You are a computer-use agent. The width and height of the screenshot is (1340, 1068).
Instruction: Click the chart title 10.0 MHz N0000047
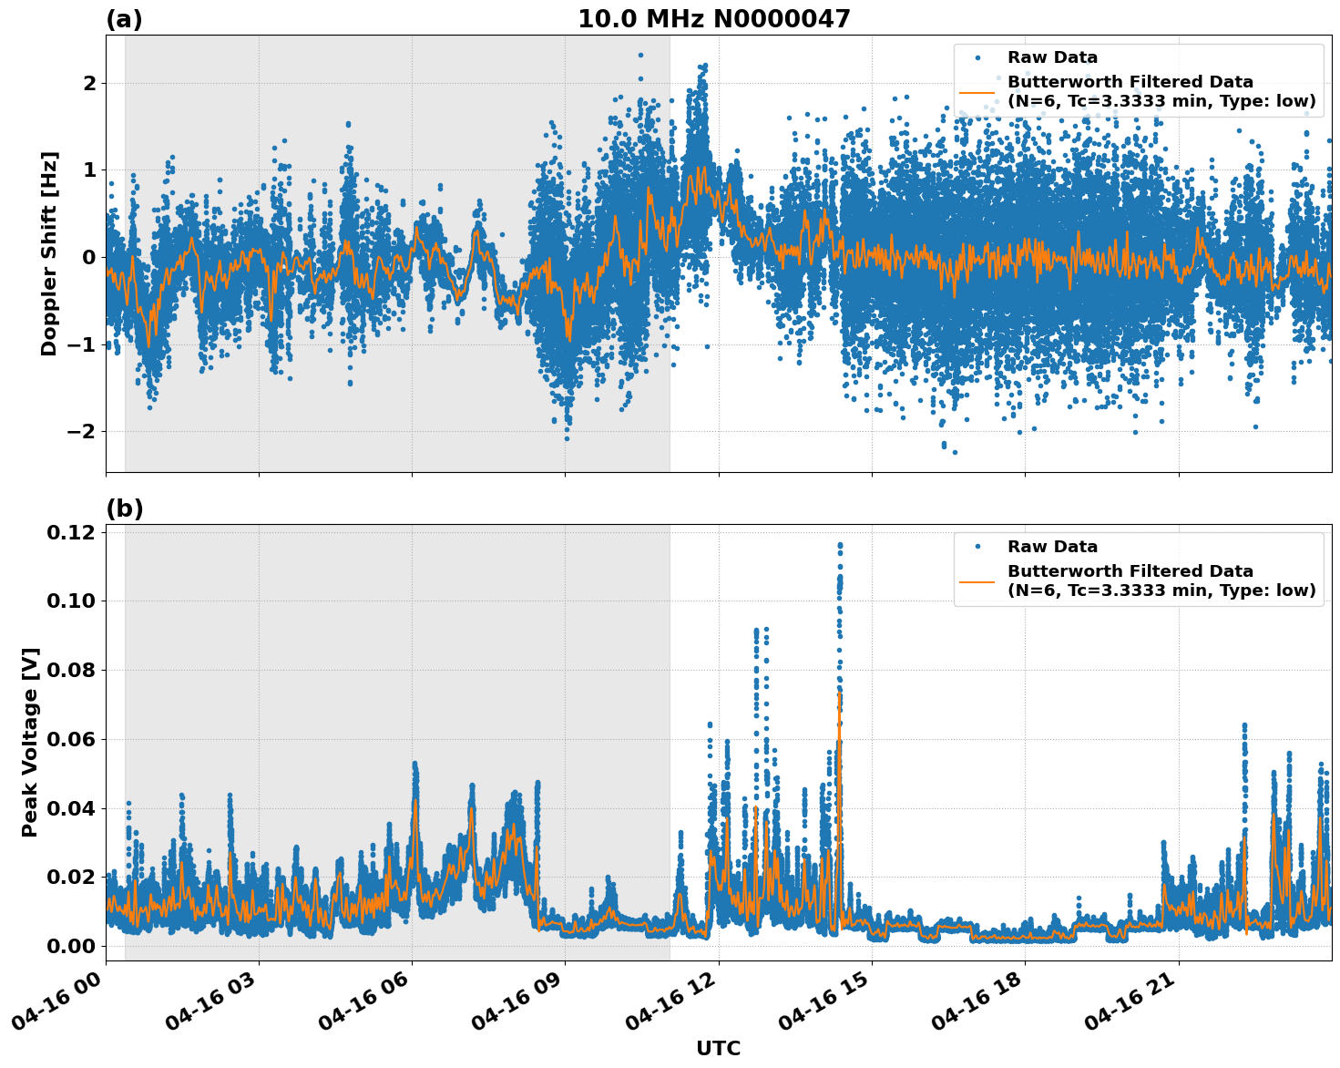pos(713,19)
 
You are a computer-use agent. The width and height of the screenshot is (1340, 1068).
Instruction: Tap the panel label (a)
pos(124,19)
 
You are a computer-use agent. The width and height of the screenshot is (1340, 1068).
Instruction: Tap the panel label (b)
pos(124,508)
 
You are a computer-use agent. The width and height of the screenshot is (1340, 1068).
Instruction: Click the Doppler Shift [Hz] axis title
pos(49,253)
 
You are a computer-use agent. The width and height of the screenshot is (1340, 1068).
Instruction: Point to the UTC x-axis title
pos(718,1048)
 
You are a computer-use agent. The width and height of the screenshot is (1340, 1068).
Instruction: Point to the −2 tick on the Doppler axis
pos(81,431)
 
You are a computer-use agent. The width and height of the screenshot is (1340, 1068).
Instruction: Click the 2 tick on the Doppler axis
pos(89,84)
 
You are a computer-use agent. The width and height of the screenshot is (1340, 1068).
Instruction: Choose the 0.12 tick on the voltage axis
pos(72,532)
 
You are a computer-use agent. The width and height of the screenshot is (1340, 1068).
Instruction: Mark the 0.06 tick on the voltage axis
pos(72,739)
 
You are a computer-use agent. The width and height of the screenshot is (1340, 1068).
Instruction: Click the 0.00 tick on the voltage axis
pos(72,946)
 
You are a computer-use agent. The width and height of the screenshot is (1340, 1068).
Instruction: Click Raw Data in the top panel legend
pos(1052,57)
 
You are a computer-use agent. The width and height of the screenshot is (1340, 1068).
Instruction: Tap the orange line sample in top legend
pos(977,92)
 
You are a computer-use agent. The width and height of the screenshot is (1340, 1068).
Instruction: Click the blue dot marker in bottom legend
pos(977,547)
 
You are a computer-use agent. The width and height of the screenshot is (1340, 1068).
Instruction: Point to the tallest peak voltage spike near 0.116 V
pos(839,546)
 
